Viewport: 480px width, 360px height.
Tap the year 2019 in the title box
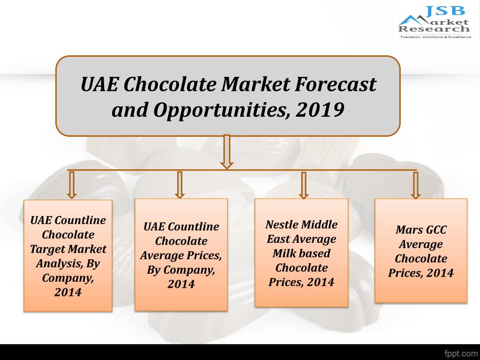pos(321,110)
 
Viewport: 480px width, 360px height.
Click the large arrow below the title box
pos(227,151)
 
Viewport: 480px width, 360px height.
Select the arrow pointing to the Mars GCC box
pos(415,185)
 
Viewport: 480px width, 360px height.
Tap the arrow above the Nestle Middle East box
pos(303,185)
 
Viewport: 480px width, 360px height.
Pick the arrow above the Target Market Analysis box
pos(71,185)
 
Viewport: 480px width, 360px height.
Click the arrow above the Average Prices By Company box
pos(180,185)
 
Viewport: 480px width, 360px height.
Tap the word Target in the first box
pos(45,249)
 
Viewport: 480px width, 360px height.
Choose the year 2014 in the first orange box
pos(68,292)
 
